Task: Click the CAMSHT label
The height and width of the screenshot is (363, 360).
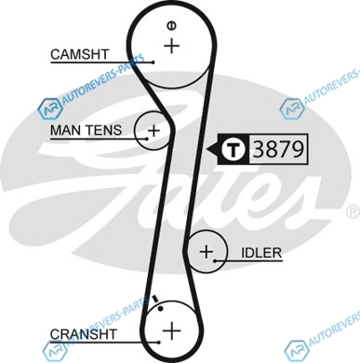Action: [80, 55]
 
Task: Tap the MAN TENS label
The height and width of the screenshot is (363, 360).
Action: [86, 130]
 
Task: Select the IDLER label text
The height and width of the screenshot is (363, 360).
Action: [261, 253]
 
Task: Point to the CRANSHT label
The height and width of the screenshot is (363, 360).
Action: [84, 334]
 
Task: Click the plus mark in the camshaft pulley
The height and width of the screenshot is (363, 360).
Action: [171, 47]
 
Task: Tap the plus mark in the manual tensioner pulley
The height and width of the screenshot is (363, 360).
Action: [153, 130]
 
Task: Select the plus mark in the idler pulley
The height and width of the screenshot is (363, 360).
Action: [207, 251]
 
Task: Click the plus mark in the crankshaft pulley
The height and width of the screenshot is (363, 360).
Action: [171, 330]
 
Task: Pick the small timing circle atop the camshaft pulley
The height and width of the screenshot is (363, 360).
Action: [171, 25]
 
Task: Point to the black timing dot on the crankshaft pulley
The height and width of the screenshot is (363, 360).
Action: [160, 308]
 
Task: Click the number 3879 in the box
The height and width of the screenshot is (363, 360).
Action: [278, 149]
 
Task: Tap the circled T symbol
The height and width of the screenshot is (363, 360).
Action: [233, 149]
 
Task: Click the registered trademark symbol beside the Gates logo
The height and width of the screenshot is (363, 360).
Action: [353, 211]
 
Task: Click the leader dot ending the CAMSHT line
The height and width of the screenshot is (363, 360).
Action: [153, 62]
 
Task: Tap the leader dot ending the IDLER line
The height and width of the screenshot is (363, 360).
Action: [215, 261]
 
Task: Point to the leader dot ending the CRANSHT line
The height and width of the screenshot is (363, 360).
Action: [159, 343]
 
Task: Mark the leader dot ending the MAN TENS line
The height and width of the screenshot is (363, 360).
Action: [147, 139]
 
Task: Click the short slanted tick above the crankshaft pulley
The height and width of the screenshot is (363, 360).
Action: [155, 298]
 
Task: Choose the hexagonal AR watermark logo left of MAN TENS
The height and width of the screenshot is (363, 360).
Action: [49, 109]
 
